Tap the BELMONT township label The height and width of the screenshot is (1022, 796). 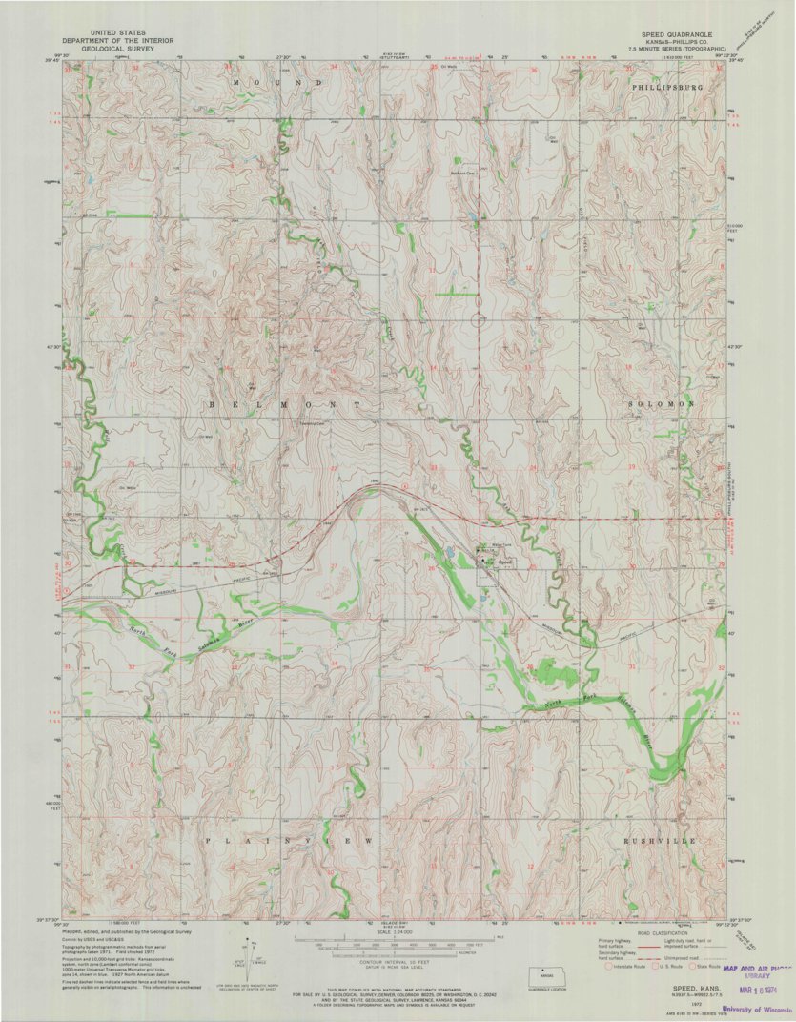click(x=285, y=405)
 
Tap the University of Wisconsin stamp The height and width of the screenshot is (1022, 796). click(x=757, y=1010)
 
